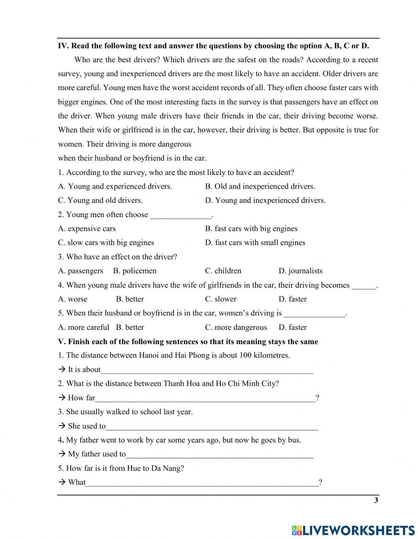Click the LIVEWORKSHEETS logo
[x=353, y=530]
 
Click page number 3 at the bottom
[x=376, y=501]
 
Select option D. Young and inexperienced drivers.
[x=265, y=200]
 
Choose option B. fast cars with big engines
[x=251, y=228]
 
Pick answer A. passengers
[x=80, y=271]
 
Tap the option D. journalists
[x=301, y=271]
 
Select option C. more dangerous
[x=236, y=327]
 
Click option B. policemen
[x=135, y=271]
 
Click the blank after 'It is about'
[x=207, y=370]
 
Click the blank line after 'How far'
[x=205, y=398]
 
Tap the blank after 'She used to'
[x=212, y=426]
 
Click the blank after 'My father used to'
[x=219, y=454]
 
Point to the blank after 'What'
[x=202, y=483]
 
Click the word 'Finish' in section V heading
[x=79, y=342]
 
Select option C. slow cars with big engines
[x=106, y=243]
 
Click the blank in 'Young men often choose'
[x=181, y=215]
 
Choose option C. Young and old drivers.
[x=100, y=200]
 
